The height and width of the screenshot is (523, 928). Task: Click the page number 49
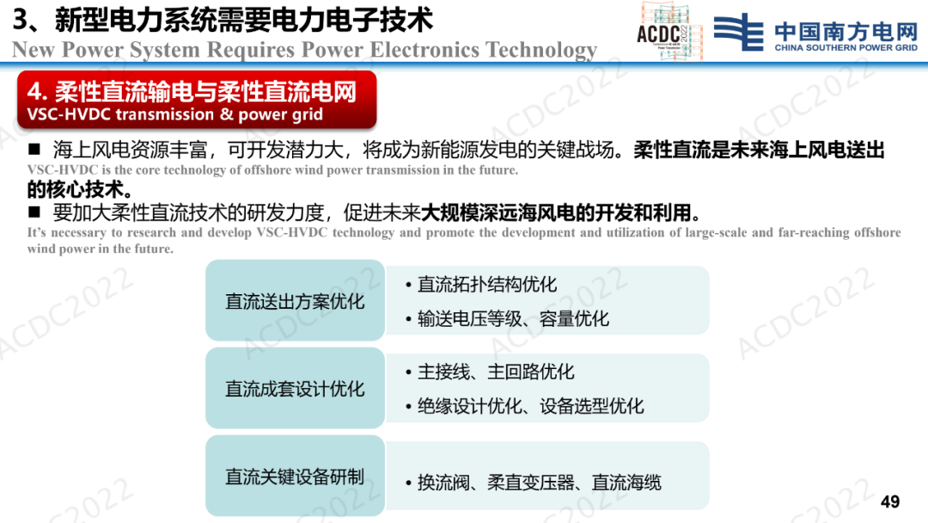890,501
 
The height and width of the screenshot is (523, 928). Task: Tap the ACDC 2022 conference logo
669,31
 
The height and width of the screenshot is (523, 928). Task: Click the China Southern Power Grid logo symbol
739,32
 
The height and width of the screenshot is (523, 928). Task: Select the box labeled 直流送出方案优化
295,300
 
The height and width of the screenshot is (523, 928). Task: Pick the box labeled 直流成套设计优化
295,388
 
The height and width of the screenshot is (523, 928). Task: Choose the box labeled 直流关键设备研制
295,476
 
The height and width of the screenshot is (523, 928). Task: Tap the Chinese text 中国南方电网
846,31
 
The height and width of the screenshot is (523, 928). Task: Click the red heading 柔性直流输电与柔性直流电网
205,92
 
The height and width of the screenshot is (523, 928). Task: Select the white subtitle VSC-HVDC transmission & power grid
175,114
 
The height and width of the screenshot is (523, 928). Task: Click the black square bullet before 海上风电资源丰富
34,149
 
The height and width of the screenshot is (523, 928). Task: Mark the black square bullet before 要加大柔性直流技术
34,212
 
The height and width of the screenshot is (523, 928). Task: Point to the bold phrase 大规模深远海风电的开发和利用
556,212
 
